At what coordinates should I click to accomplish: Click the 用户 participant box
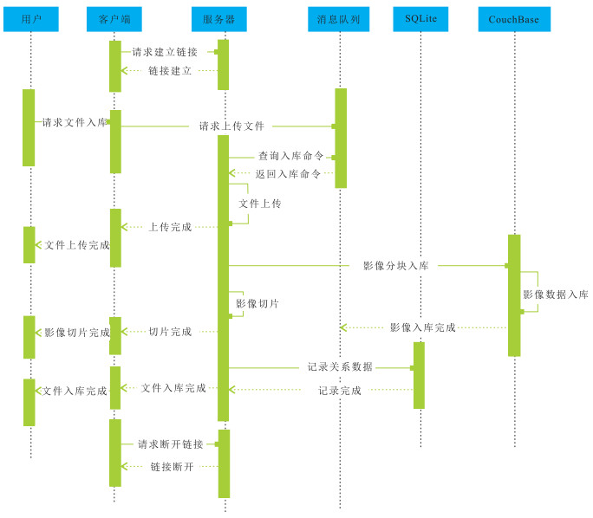point(29,18)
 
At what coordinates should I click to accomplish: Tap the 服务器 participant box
point(224,18)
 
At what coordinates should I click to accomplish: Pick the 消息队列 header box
point(340,18)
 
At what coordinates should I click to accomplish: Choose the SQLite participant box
point(420,18)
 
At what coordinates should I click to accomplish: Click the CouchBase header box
point(514,18)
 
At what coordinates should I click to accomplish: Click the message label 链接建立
point(170,70)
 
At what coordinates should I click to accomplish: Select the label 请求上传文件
point(231,126)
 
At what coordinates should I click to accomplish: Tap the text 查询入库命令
point(290,156)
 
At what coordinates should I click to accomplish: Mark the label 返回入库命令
point(288,173)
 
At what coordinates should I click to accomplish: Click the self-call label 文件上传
point(259,204)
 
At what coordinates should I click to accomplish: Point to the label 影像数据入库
point(555,295)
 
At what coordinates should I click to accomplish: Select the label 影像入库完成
point(422,327)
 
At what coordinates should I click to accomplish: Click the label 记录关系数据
point(340,366)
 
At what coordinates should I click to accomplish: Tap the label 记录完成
point(340,391)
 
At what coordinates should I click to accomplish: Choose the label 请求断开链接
point(171,444)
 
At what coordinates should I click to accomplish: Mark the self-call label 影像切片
point(257,304)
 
